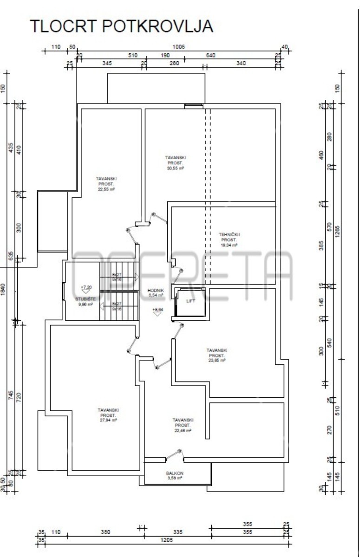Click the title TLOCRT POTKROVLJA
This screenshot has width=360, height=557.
tap(122, 26)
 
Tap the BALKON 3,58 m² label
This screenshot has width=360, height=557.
tap(175, 475)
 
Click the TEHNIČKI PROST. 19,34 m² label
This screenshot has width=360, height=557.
tap(229, 240)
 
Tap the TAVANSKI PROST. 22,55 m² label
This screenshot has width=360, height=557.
tap(106, 184)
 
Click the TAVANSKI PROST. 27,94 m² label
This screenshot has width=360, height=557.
tap(108, 415)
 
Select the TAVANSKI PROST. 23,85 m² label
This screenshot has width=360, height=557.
tap(216, 355)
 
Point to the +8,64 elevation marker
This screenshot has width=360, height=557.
tap(158, 311)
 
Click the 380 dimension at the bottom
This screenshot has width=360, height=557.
tap(105, 532)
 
